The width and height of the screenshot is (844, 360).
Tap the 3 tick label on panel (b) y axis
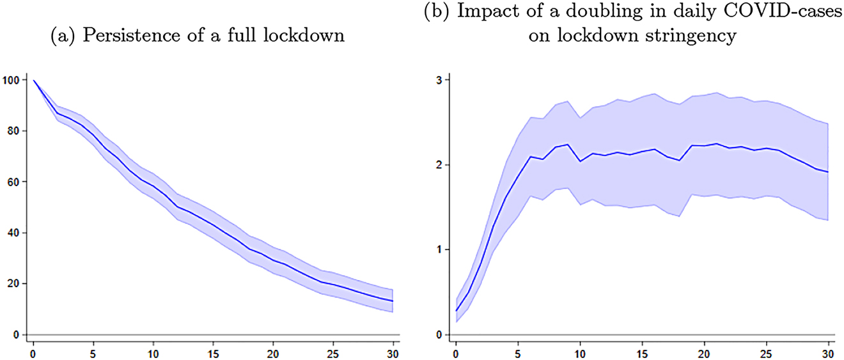(x=439, y=80)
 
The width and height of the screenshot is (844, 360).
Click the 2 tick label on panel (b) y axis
(x=439, y=165)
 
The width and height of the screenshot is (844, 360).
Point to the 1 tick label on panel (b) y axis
(x=439, y=249)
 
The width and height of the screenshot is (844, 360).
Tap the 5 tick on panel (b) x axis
(x=517, y=351)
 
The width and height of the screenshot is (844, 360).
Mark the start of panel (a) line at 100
(x=33, y=81)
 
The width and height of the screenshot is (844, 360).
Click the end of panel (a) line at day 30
(x=391, y=301)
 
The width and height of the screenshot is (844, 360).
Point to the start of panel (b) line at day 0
(x=456, y=311)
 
